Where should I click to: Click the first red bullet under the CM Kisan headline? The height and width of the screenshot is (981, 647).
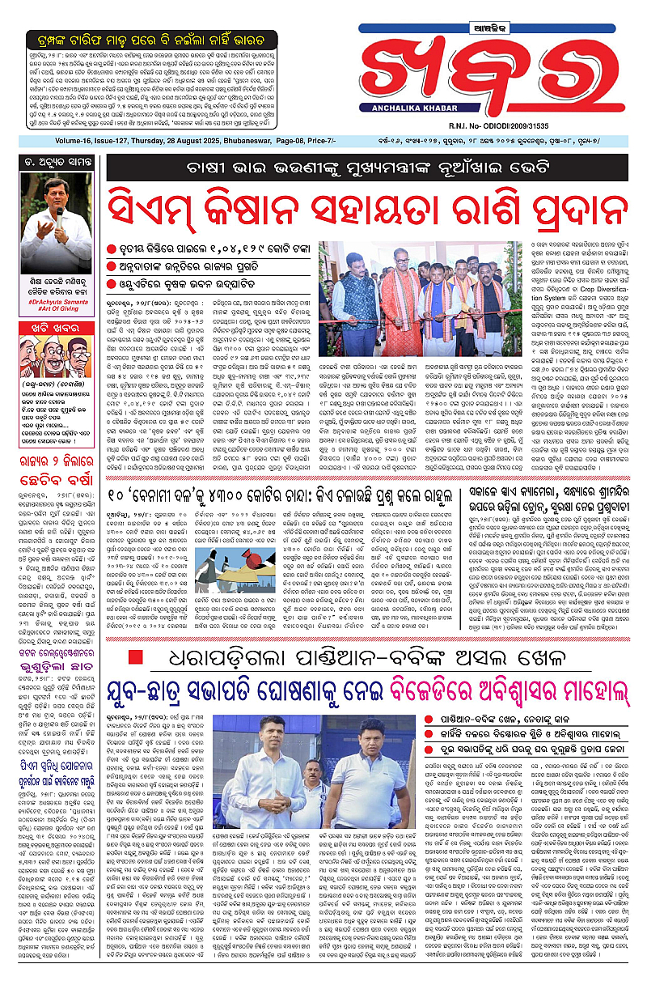pos(112,247)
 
